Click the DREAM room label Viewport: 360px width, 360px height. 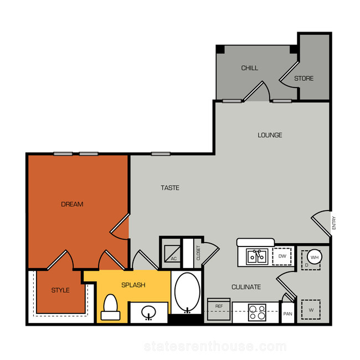coord(72,204)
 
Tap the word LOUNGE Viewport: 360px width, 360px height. coord(270,135)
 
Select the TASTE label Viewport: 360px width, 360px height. coord(170,188)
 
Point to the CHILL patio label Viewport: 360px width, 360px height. coord(250,68)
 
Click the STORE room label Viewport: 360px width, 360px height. coord(304,79)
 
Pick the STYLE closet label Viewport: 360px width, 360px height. coord(60,290)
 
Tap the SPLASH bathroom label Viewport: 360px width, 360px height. coord(133,285)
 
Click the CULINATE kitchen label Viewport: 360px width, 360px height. coord(246,287)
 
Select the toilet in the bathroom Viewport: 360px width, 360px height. coord(110,307)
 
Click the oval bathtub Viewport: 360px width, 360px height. coord(187,292)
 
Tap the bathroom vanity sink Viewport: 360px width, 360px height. coord(148,312)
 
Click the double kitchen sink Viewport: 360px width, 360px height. coord(257,256)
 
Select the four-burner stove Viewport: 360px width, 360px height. coord(257,312)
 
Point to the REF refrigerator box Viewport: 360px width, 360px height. coord(219,309)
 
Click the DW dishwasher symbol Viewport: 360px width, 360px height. coord(282,256)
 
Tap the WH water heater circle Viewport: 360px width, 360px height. coord(315,257)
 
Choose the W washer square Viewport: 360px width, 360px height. coord(311,310)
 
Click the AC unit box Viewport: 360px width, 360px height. coord(172,254)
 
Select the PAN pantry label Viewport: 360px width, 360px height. coord(287,314)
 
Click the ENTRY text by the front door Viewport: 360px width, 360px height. coord(334,223)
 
